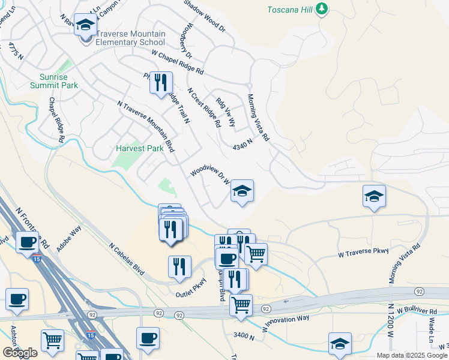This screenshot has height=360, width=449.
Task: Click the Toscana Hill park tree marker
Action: pyautogui.click(x=322, y=8)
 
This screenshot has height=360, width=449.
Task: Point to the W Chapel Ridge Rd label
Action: pyautogui.click(x=178, y=62)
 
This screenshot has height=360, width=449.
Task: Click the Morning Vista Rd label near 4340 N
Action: pyautogui.click(x=258, y=117)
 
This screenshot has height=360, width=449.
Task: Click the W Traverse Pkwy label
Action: pyautogui.click(x=364, y=251)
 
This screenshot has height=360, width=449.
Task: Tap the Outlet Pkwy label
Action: pyautogui.click(x=191, y=288)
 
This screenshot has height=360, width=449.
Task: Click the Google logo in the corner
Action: pyautogui.click(x=20, y=352)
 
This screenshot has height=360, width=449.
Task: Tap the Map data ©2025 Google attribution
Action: pyautogui.click(x=412, y=355)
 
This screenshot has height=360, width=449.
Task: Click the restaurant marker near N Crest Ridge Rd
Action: pyautogui.click(x=161, y=83)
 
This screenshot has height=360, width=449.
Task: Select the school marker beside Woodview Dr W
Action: pyautogui.click(x=241, y=191)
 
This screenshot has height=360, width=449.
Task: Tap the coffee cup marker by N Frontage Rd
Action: pyautogui.click(x=27, y=242)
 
